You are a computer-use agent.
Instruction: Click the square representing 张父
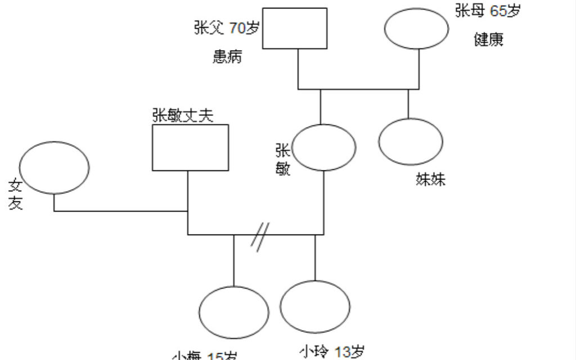295,28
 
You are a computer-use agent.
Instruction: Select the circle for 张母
416,29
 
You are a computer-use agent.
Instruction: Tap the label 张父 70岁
226,28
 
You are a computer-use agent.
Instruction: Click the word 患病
227,57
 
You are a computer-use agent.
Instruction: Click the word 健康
488,40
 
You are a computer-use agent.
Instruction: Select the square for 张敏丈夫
191,147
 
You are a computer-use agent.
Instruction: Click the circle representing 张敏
325,147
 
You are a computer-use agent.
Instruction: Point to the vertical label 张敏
282,159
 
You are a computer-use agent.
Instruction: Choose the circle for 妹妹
411,142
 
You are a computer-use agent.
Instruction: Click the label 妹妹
431,179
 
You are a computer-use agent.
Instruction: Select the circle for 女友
54,168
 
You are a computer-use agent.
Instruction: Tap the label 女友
15,194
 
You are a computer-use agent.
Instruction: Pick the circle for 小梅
234,313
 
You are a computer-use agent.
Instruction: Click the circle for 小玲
315,307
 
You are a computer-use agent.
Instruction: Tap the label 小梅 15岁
204,356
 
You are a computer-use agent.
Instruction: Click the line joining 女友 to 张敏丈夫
121,211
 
